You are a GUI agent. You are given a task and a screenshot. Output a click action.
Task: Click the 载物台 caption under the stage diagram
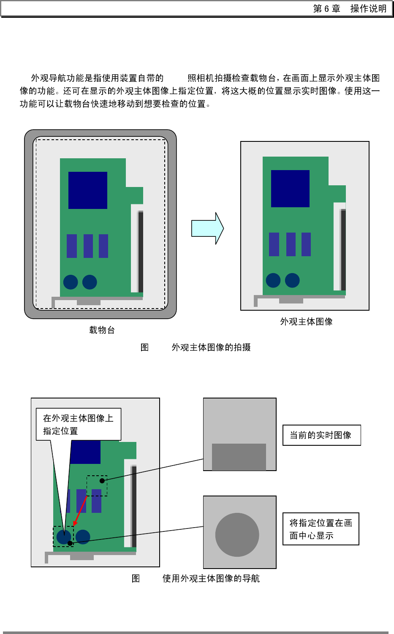(102, 330)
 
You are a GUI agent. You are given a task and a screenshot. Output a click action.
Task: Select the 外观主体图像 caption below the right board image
(306, 322)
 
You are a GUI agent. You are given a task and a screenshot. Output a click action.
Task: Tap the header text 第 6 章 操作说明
(350, 8)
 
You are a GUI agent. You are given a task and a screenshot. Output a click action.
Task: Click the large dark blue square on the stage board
(88, 190)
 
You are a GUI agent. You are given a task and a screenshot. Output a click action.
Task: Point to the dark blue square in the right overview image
(290, 189)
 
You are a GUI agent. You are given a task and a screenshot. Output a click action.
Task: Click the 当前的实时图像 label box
(321, 435)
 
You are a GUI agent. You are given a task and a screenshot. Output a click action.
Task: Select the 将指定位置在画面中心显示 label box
(321, 529)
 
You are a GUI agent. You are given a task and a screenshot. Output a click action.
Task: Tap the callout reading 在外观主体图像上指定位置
(79, 424)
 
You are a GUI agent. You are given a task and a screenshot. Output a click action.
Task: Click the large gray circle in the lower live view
(237, 534)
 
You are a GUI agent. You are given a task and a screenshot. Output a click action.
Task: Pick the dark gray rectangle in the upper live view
(239, 457)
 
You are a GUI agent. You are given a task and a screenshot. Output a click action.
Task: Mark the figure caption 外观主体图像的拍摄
(211, 347)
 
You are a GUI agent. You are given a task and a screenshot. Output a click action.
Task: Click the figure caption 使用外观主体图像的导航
(211, 578)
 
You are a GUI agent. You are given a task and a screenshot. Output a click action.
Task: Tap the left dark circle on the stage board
(71, 282)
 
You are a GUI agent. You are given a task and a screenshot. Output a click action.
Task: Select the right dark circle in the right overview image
(292, 280)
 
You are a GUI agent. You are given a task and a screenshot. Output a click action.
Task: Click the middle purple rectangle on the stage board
(88, 246)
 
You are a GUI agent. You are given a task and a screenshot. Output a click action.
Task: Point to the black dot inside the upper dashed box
(102, 481)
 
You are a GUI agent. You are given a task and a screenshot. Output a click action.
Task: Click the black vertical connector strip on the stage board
(141, 252)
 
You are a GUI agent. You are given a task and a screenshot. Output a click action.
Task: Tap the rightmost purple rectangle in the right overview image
(306, 244)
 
